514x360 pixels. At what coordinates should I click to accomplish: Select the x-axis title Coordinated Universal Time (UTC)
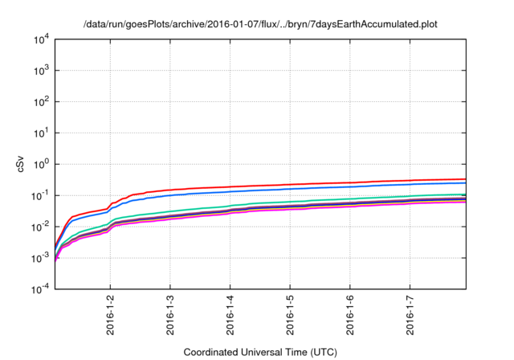(x=260, y=352)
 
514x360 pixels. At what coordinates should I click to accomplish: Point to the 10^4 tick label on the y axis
(x=42, y=39)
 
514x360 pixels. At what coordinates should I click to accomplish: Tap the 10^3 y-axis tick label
(x=42, y=71)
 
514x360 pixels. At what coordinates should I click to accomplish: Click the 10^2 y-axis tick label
(x=42, y=102)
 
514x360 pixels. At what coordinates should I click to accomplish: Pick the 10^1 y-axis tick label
(x=42, y=133)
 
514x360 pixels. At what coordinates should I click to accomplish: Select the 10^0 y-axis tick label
(x=42, y=164)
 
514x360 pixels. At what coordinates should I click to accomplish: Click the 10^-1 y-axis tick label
(x=41, y=195)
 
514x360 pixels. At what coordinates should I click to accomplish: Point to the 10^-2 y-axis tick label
(x=41, y=227)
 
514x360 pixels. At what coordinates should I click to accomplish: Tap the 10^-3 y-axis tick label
(x=41, y=258)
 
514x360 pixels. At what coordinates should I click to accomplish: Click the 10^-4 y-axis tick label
(x=41, y=289)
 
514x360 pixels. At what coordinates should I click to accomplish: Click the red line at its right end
(x=463, y=179)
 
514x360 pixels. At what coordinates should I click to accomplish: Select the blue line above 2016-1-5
(x=290, y=189)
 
